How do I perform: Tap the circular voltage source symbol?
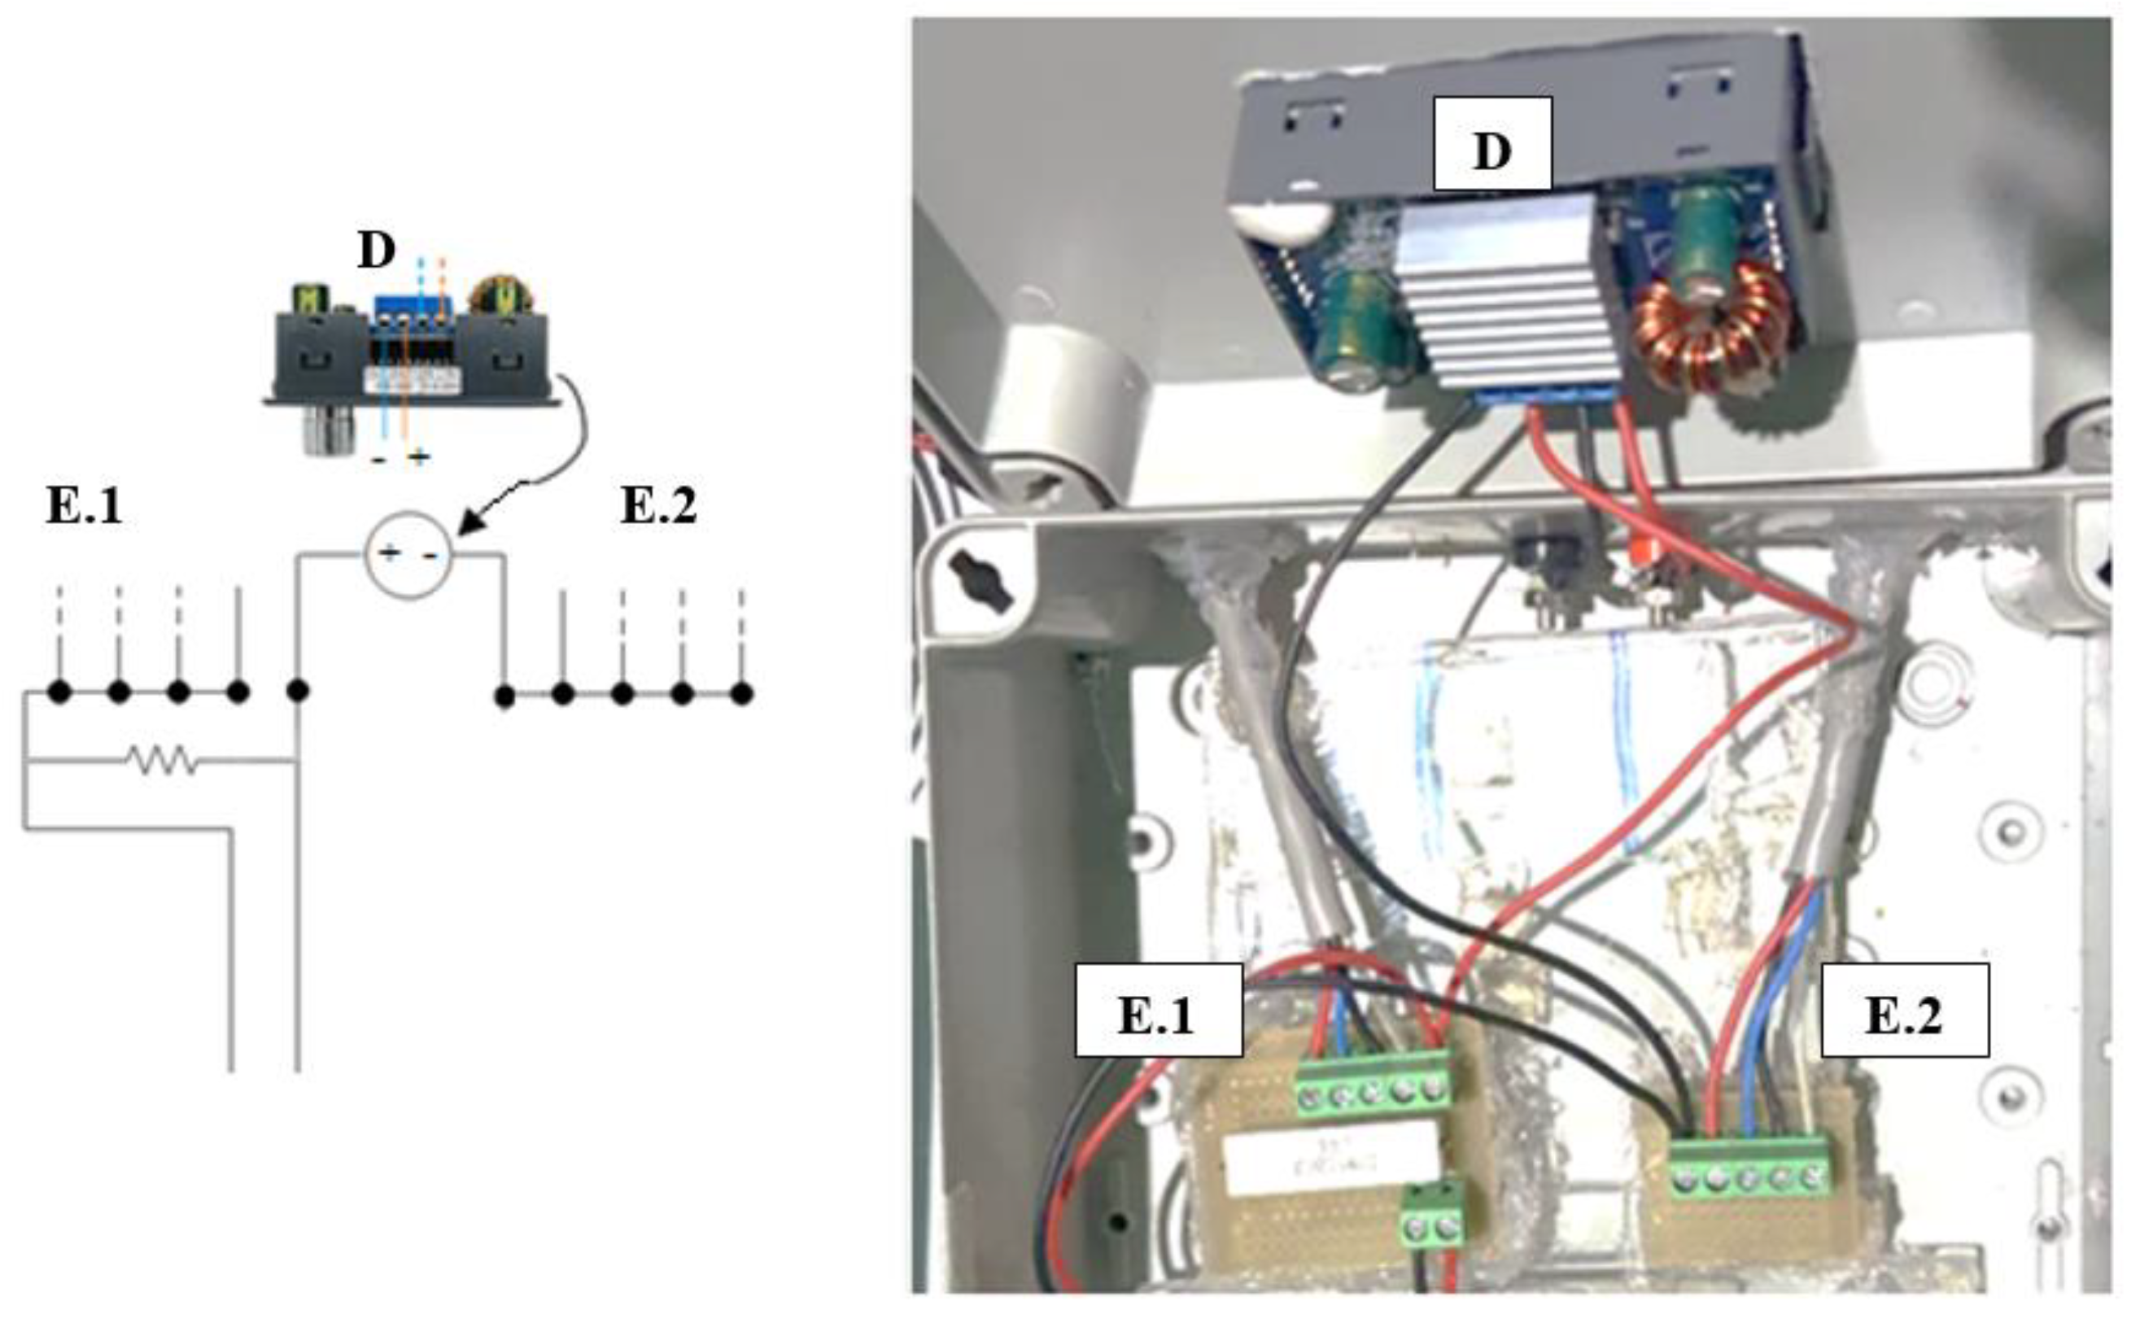[408, 555]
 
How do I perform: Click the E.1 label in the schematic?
[84, 506]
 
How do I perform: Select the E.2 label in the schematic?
[658, 506]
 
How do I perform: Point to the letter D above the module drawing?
[376, 251]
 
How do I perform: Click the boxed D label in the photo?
[1491, 143]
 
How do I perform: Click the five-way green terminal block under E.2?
[1748, 1168]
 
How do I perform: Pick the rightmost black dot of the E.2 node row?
[741, 695]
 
